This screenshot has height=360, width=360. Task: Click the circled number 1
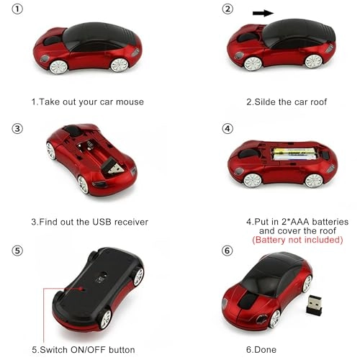(17, 10)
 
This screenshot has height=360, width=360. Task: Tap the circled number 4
(228, 129)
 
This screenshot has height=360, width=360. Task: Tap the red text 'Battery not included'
(297, 239)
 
